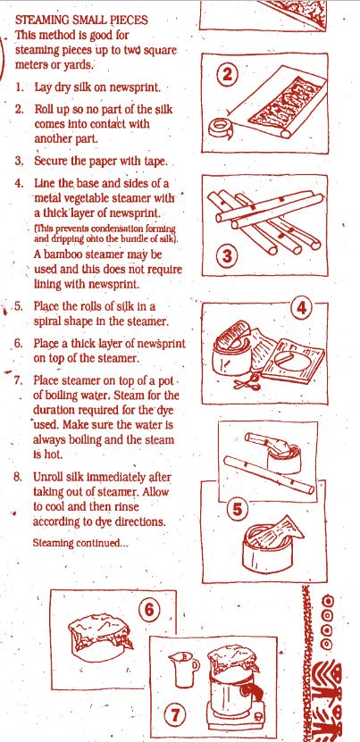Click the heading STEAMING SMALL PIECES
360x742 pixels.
coord(81,21)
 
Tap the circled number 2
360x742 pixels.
coord(228,75)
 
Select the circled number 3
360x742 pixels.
coord(228,255)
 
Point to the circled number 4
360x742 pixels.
coord(301,309)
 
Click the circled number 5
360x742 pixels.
coord(238,510)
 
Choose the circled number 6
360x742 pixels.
coord(149,610)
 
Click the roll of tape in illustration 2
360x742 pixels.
coord(220,129)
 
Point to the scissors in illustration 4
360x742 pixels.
coord(247,381)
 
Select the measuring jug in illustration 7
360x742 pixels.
coord(183,669)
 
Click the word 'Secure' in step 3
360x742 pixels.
coord(51,161)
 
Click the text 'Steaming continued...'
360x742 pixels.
coord(80,543)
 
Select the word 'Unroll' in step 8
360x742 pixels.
coord(48,476)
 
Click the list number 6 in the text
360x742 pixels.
coord(18,343)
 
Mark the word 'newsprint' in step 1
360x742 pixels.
coord(138,88)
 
